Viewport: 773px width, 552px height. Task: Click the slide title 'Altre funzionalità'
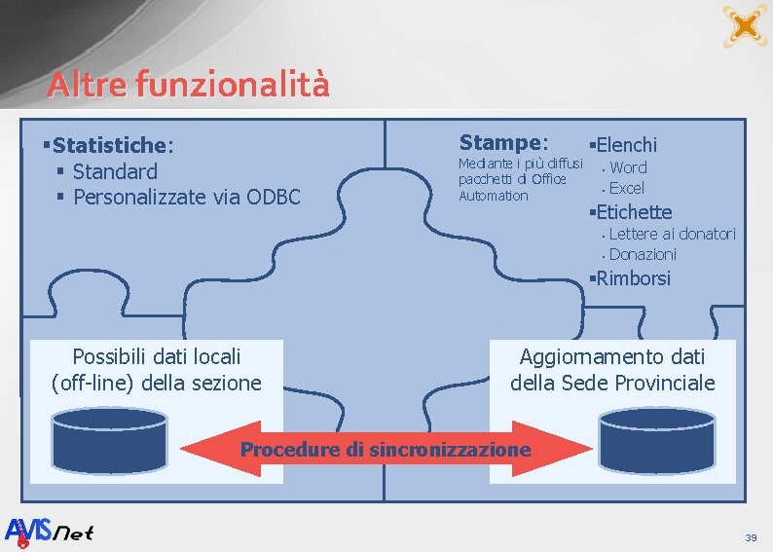pos(188,85)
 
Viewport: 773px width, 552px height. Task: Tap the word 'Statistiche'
pos(110,146)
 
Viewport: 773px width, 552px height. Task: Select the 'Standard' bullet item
pos(115,172)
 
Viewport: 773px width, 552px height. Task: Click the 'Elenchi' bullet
pos(626,146)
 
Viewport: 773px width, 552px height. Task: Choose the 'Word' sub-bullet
pos(628,168)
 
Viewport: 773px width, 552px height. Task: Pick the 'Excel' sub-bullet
pos(626,189)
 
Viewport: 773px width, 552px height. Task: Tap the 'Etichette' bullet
pos(633,212)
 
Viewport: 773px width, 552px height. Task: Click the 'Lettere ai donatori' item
pos(672,234)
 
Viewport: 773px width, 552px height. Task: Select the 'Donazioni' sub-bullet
pos(643,254)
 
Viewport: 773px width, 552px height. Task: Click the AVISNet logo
pos(50,532)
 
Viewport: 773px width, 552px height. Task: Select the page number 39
pos(750,537)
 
